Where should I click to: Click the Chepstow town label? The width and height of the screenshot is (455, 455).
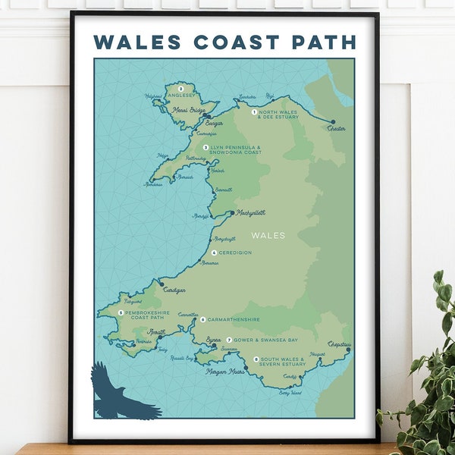pyautogui.click(x=340, y=344)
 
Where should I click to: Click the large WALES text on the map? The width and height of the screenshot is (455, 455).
pyautogui.click(x=268, y=235)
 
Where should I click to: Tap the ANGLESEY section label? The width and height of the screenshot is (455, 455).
pyautogui.click(x=190, y=95)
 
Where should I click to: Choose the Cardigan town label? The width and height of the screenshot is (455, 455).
pyautogui.click(x=174, y=290)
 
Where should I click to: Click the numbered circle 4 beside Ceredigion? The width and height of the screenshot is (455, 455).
pyautogui.click(x=214, y=253)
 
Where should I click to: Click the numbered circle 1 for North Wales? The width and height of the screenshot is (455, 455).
pyautogui.click(x=254, y=111)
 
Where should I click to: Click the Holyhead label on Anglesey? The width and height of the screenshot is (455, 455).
pyautogui.click(x=154, y=96)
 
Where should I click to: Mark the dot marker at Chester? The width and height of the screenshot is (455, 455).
pyautogui.click(x=332, y=121)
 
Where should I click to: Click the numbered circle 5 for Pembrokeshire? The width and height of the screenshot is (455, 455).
pyautogui.click(x=121, y=312)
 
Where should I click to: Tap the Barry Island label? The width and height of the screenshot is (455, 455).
pyautogui.click(x=290, y=394)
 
